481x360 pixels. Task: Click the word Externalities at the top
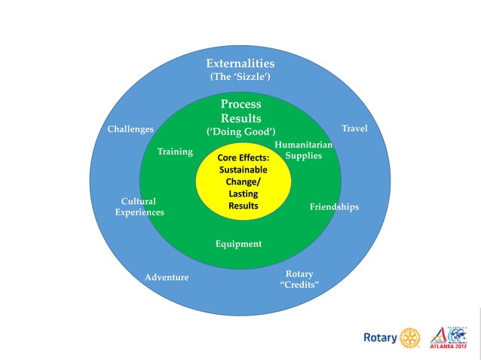point(240,63)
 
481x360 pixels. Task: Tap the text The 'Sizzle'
point(240,78)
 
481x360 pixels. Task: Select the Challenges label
point(131,129)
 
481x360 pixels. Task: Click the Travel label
point(354,129)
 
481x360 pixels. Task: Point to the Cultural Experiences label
point(139,207)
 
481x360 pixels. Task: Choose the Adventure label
point(167,277)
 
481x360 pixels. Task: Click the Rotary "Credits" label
point(299,279)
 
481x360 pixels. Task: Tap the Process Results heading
point(241,111)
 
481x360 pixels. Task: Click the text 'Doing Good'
point(241,132)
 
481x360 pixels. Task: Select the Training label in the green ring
point(175,151)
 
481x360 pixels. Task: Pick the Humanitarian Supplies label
point(304,150)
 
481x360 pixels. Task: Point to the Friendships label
point(334,206)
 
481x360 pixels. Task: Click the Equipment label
point(238,243)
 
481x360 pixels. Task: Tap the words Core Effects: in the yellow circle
point(243,159)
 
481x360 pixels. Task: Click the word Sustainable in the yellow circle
point(243,170)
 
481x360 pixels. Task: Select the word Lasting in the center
point(244,194)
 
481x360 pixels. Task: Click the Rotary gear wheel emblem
point(410,337)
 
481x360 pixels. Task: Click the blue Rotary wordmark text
point(380,338)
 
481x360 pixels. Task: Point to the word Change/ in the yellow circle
point(243,182)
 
